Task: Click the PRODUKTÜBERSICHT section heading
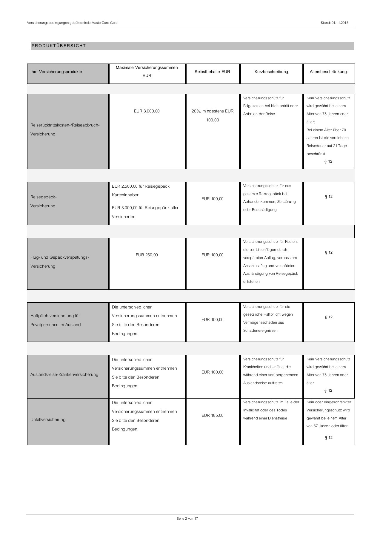59,46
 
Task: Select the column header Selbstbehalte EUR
212,72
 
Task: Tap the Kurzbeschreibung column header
271,72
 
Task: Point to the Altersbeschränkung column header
329,72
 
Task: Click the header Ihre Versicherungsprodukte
56,72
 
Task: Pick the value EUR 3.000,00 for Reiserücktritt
147,111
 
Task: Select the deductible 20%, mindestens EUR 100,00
212,115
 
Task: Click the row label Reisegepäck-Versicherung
43,201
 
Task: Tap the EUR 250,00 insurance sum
147,255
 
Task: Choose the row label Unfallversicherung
48,419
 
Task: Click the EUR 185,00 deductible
212,415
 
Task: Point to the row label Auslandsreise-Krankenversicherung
64,374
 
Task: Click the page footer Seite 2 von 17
187,519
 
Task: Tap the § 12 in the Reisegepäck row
329,197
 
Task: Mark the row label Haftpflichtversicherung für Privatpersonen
56,320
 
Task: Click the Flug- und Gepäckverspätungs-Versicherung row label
60,262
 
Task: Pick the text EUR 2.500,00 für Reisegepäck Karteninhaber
141,190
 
